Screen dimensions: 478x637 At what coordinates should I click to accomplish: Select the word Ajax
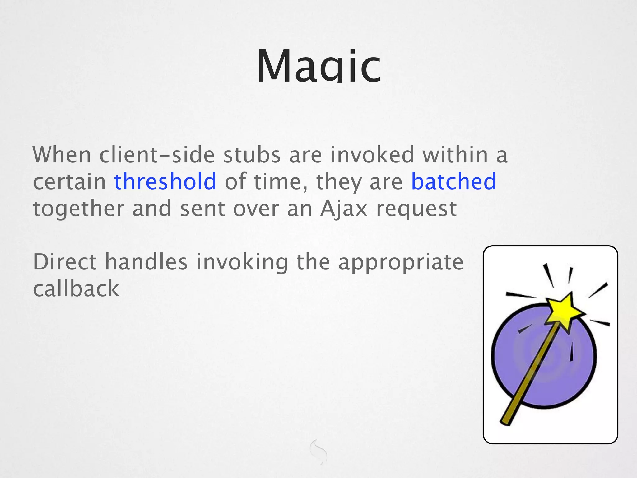coord(344,209)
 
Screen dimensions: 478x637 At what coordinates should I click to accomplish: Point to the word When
coord(62,155)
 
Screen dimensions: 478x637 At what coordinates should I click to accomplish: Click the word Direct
coord(64,262)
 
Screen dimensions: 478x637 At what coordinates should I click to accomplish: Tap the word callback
coord(76,289)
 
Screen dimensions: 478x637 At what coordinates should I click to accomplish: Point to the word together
coord(78,209)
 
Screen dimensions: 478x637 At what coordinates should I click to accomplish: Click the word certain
coord(69,182)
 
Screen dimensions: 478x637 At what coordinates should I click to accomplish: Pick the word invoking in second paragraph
coord(242,263)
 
